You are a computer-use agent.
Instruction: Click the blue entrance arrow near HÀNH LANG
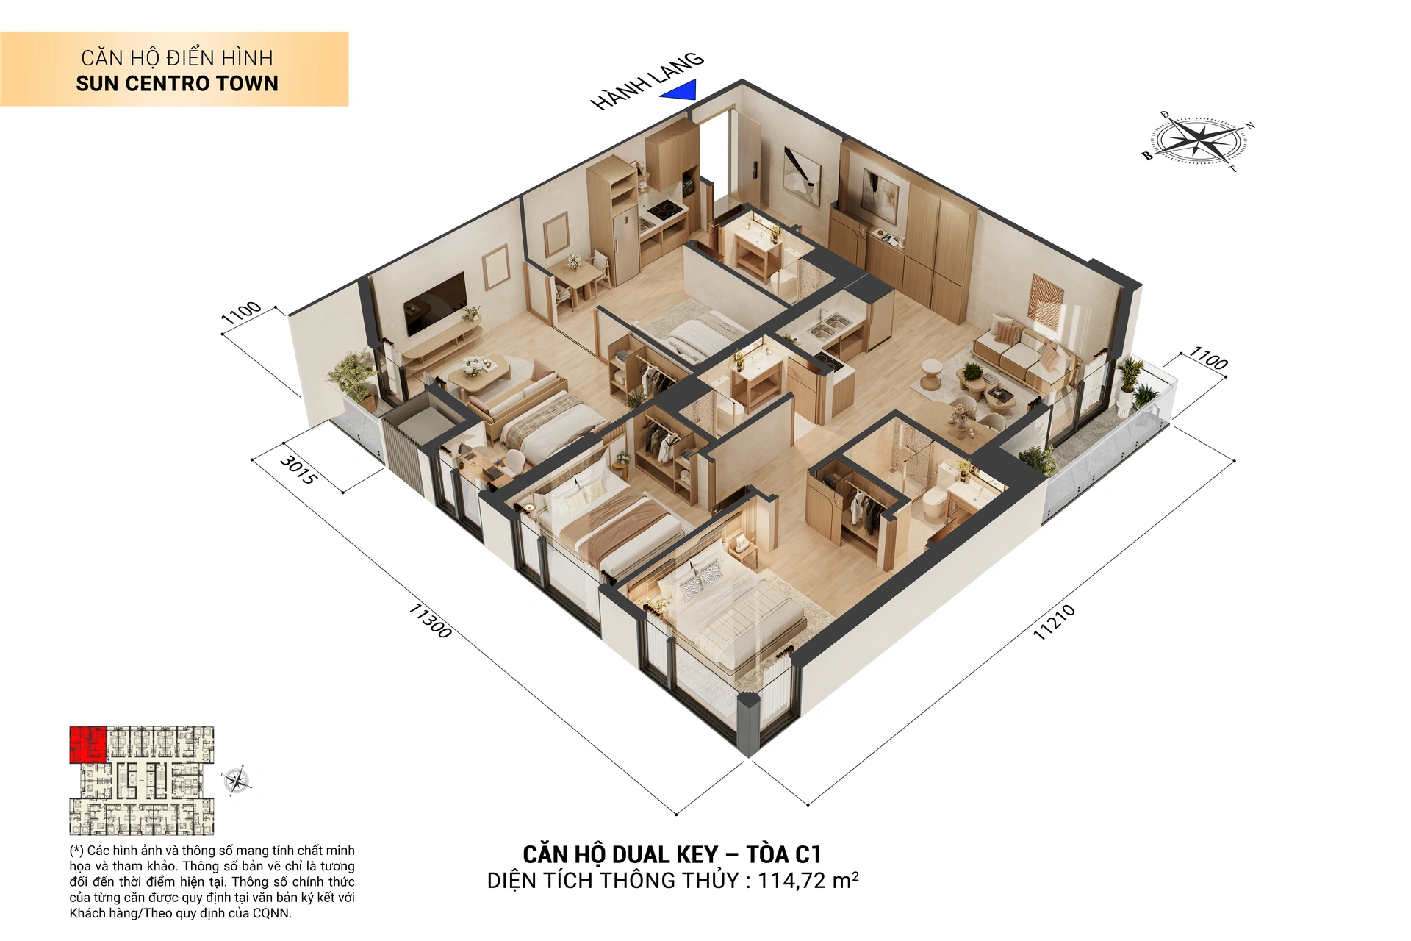click(x=680, y=91)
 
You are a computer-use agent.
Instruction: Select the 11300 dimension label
click(x=430, y=620)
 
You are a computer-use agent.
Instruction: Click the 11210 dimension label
click(x=1054, y=622)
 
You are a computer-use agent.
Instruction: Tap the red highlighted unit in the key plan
click(x=87, y=744)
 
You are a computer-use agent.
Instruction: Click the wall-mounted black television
click(x=435, y=303)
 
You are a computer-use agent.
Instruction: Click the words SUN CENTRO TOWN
click(x=177, y=84)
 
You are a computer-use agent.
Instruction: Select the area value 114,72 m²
click(x=808, y=880)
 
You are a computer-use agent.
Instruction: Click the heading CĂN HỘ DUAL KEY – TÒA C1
click(x=672, y=854)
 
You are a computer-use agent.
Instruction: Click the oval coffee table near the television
click(x=478, y=369)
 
